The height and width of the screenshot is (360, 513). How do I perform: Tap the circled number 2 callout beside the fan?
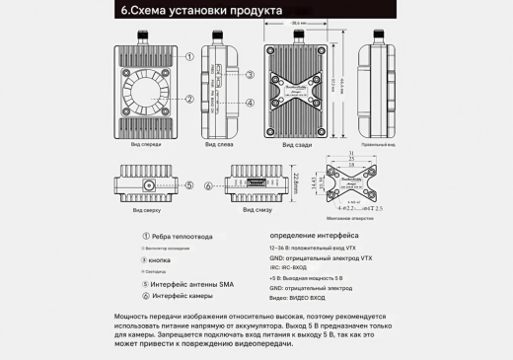(188, 99)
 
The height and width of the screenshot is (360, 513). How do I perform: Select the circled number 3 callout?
(251, 75)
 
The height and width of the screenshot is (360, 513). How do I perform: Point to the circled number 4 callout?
(251, 101)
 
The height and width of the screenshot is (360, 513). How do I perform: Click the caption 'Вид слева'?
(218, 144)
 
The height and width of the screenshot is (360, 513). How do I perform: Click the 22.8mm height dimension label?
(296, 184)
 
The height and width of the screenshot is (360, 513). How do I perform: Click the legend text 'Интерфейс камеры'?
(186, 295)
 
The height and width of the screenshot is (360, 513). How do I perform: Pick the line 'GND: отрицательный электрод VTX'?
(320, 257)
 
